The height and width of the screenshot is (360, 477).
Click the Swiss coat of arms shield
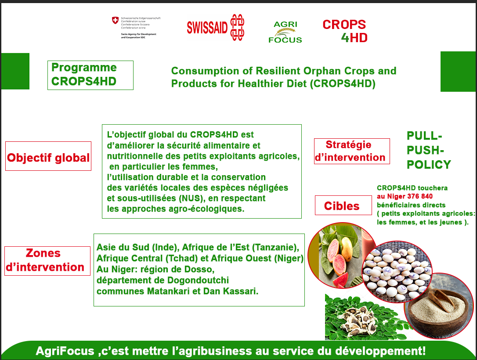[x=115, y=21]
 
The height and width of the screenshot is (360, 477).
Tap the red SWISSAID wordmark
[x=207, y=28]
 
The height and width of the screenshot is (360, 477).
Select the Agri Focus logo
[x=285, y=32]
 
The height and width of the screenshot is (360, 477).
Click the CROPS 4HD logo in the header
[x=345, y=31]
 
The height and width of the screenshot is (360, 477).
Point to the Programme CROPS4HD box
[x=90, y=75]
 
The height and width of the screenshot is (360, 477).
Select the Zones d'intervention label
[x=47, y=260]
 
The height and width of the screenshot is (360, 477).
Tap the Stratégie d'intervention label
[x=351, y=151]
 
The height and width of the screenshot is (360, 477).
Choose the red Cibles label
[x=342, y=205]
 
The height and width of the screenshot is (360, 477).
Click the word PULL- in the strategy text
[x=424, y=136]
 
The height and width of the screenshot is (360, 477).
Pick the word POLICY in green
[x=429, y=165]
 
